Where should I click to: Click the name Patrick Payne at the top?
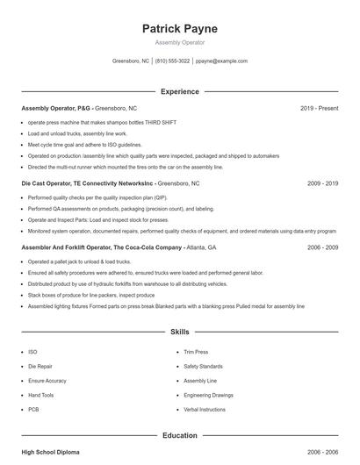(x=179, y=29)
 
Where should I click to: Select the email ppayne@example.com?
(x=221, y=61)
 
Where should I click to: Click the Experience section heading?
(x=179, y=91)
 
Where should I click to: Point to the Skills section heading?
(x=179, y=333)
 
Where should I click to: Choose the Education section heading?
(x=179, y=435)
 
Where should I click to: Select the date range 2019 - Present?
(x=319, y=108)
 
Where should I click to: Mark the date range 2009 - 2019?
(x=322, y=184)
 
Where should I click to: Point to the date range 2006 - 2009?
(x=322, y=248)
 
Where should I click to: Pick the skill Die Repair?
(x=40, y=365)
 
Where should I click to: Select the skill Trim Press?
(x=195, y=351)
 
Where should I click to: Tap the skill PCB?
(x=33, y=410)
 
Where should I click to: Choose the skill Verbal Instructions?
(x=205, y=410)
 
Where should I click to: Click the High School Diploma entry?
(x=50, y=452)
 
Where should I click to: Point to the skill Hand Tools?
(x=41, y=395)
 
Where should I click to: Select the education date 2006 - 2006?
(x=322, y=452)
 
